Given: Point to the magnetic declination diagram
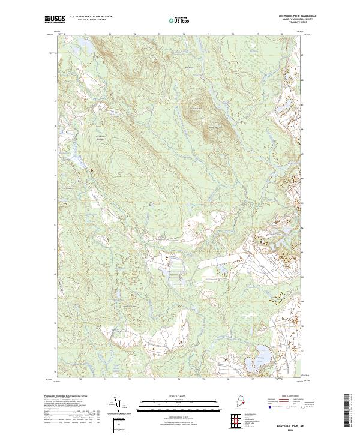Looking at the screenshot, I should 118,406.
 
